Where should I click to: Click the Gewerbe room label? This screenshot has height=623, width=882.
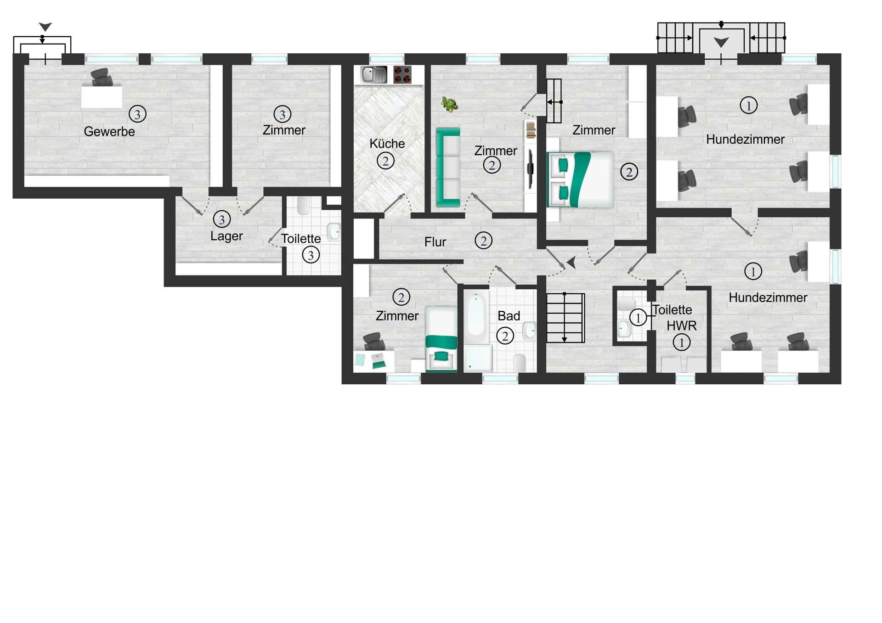tap(109, 132)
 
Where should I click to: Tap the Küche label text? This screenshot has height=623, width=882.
tap(387, 144)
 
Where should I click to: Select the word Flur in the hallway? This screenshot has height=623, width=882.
tap(435, 242)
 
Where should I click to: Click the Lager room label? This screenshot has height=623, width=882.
tap(226, 236)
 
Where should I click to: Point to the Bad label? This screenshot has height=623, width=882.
tap(509, 316)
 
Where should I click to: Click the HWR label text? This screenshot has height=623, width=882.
tap(681, 326)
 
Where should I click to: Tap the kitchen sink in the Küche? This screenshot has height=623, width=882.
tap(373, 74)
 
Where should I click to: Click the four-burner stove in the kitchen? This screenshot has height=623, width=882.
tap(402, 75)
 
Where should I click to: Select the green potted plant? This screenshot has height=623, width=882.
tap(449, 104)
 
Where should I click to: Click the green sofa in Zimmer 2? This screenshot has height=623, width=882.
tap(448, 168)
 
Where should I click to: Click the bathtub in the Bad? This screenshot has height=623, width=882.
tap(476, 317)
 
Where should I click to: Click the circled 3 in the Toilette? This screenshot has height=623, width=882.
tap(311, 255)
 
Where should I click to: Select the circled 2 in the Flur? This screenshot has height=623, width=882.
tap(483, 241)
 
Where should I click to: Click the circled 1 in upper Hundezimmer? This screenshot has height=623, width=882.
tap(748, 106)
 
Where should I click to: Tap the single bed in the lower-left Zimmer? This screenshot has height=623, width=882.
tap(441, 339)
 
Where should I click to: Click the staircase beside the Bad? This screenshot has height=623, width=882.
tap(565, 318)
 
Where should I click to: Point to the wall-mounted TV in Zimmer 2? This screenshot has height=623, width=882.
tap(530, 169)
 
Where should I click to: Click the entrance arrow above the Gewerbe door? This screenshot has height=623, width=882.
tap(45, 27)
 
